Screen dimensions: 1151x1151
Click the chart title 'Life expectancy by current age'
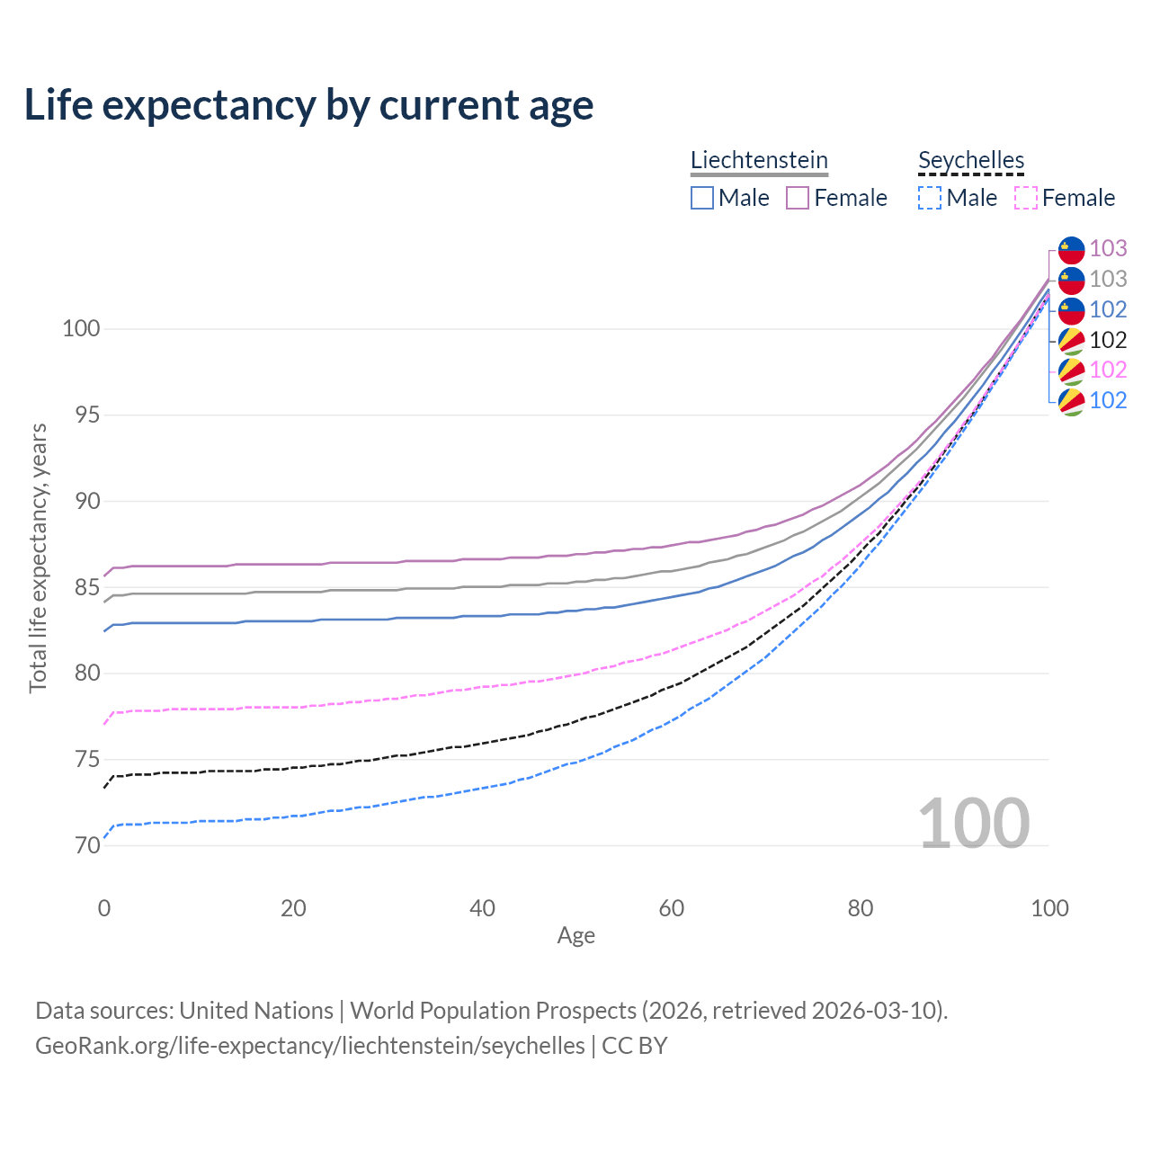point(308,105)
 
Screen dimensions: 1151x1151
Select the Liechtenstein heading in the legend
point(759,160)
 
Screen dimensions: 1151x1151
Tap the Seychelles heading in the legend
point(971,160)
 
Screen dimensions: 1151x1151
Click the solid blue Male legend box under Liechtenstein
point(702,198)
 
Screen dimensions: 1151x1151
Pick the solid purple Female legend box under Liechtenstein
point(798,198)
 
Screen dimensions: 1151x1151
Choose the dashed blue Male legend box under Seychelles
point(930,198)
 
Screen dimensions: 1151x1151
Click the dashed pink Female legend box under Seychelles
point(1026,198)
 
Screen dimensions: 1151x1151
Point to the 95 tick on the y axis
point(81,415)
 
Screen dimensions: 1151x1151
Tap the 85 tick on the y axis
point(81,588)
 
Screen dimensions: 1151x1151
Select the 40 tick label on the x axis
point(483,908)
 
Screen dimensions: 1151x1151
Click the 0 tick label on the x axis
point(104,908)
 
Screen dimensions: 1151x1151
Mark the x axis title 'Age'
point(575,936)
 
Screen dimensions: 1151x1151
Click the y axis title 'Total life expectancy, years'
point(38,558)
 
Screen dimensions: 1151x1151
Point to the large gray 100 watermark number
point(974,824)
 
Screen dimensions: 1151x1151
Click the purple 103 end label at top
point(1108,248)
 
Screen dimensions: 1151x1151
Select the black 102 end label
point(1108,340)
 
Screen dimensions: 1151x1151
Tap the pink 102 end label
point(1108,370)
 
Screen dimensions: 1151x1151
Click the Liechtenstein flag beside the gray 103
point(1072,280)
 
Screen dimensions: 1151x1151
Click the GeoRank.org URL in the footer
point(310,1046)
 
